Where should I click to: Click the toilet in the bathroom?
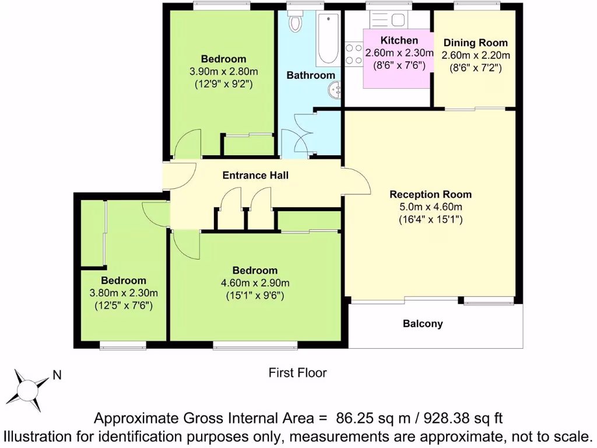coord(296,22)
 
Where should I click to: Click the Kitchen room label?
coord(399,41)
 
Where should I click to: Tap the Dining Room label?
coord(476,43)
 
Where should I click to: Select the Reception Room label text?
coord(431,195)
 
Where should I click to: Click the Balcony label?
coord(423,324)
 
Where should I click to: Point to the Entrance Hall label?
coord(256,175)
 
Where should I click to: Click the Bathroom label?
coord(311,75)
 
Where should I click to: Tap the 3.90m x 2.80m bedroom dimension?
coord(224,71)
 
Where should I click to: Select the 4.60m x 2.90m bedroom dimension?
coord(255,283)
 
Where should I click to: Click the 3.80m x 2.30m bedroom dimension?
coord(124,293)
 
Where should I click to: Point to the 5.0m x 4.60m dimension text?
coord(431,207)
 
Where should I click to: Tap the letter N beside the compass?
coord(57,376)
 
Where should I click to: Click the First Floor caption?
coord(298,373)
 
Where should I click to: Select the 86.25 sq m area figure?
coord(368,418)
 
